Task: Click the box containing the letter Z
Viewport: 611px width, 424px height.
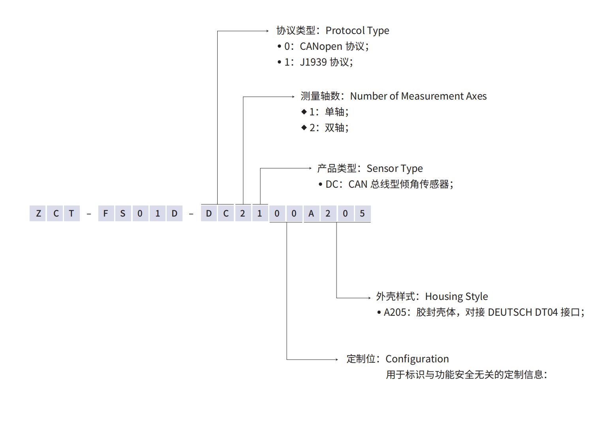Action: pyautogui.click(x=38, y=213)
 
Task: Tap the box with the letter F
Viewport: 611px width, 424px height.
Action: pyautogui.click(x=105, y=213)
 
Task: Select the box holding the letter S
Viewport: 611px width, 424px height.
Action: pyautogui.click(x=123, y=213)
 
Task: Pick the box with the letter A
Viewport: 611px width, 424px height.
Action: pyautogui.click(x=311, y=213)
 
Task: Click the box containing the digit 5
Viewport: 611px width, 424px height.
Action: pyautogui.click(x=362, y=213)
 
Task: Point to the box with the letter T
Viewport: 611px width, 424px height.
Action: pyautogui.click(x=71, y=213)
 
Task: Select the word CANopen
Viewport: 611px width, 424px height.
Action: pyautogui.click(x=321, y=47)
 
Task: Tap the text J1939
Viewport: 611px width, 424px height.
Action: pyautogui.click(x=313, y=62)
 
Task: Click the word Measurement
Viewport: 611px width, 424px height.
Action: pyautogui.click(x=432, y=96)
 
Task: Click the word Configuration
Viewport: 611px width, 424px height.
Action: pyautogui.click(x=417, y=359)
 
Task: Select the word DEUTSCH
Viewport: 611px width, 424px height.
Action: pyautogui.click(x=510, y=312)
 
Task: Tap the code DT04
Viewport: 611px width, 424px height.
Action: pyautogui.click(x=546, y=312)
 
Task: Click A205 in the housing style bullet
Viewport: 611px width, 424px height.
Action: pyautogui.click(x=395, y=312)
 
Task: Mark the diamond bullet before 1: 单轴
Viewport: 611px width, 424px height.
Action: pyautogui.click(x=304, y=112)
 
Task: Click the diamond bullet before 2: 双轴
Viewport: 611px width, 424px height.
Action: pyautogui.click(x=304, y=128)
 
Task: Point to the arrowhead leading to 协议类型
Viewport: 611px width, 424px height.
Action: pyautogui.click(x=267, y=31)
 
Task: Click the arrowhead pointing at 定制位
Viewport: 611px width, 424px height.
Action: pyautogui.click(x=337, y=359)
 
